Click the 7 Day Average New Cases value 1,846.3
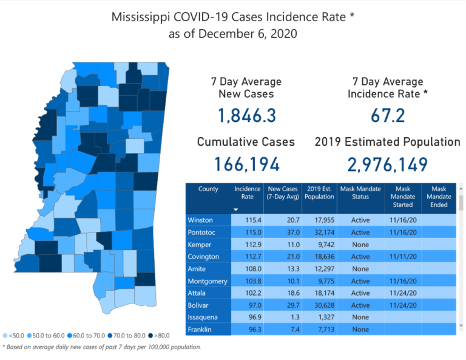[x=246, y=115]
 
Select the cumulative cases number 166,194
[x=246, y=164]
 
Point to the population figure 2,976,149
[x=387, y=164]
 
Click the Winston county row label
[x=201, y=220]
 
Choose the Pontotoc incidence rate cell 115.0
[x=244, y=233]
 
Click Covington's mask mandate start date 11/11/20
[x=402, y=257]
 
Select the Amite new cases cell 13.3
[x=280, y=269]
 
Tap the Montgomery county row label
[x=208, y=281]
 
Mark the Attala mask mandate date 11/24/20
[x=402, y=293]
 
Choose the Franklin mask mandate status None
[x=360, y=330]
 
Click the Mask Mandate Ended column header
[x=439, y=197]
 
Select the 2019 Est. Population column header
[x=319, y=193]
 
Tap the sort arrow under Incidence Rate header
[x=236, y=209]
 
